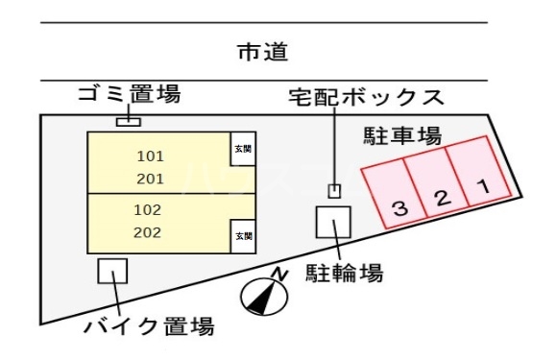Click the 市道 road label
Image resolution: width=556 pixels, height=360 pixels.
tap(262, 52)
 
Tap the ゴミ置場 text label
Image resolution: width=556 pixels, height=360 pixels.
tap(129, 96)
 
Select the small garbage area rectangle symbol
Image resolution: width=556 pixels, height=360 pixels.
tap(129, 122)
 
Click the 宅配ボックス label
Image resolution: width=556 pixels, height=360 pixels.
tap(367, 98)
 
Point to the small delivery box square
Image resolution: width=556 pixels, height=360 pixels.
tap(334, 190)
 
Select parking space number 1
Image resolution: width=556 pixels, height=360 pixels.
tap(480, 178)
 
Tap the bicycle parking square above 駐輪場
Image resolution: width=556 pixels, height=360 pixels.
tap(333, 223)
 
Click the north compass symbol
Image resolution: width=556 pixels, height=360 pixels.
tap(261, 295)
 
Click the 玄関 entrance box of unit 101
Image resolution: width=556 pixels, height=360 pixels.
tap(242, 151)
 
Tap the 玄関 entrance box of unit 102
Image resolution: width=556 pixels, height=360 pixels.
tap(242, 233)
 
